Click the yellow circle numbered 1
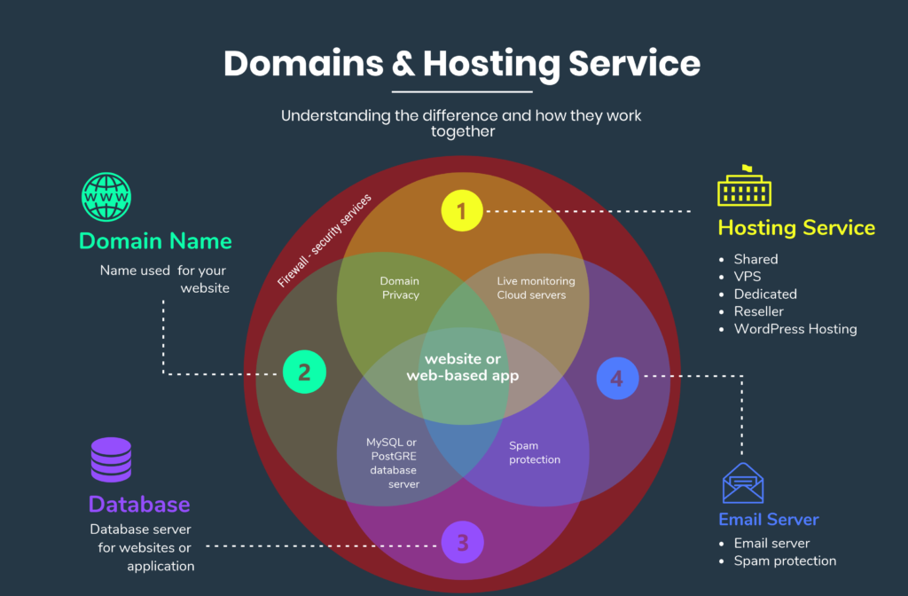(462, 211)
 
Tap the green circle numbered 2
(304, 372)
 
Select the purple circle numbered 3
(462, 541)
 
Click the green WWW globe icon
(106, 196)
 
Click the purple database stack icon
(111, 460)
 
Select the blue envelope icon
(743, 483)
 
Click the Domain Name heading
(155, 241)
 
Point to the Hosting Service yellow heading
(796, 228)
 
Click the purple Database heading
(139, 505)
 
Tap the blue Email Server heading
(768, 520)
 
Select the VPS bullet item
(747, 277)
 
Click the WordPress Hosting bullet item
(794, 329)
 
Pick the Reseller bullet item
(758, 311)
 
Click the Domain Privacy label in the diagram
(400, 288)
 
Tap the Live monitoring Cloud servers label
(536, 288)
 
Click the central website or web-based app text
(462, 367)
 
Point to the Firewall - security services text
(325, 240)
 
